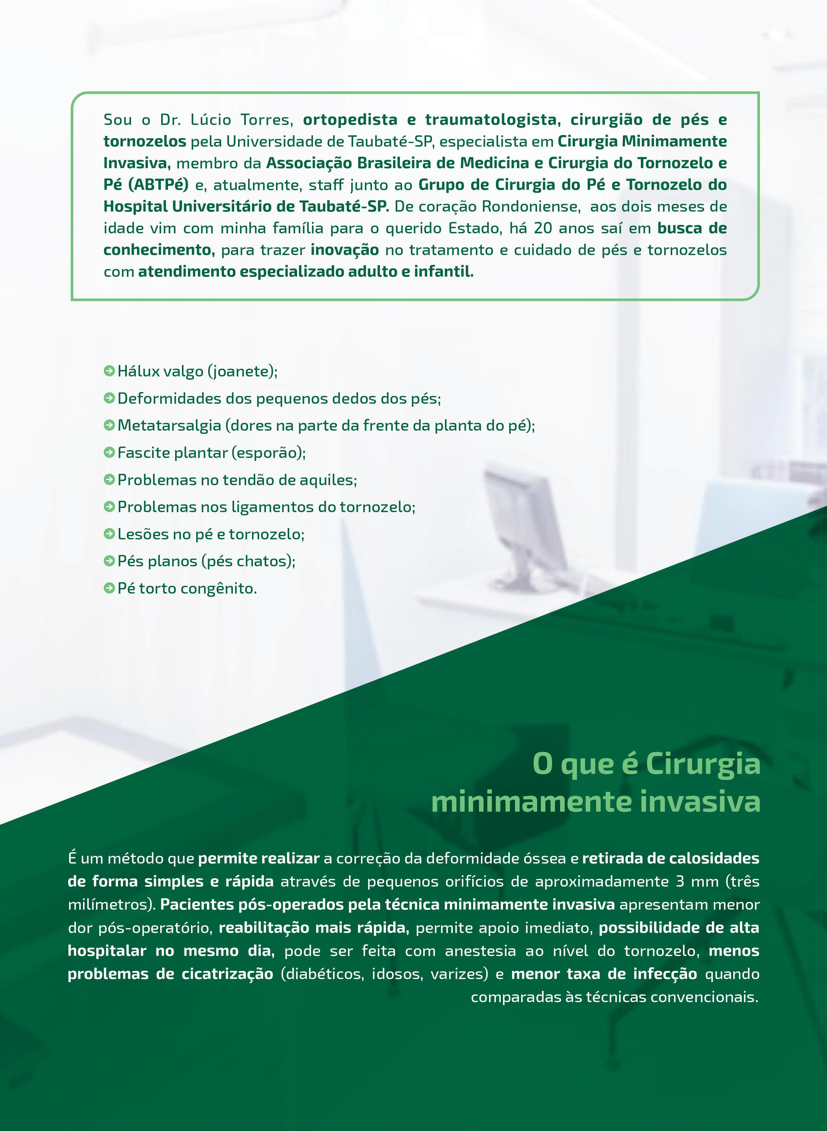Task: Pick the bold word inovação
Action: (344, 250)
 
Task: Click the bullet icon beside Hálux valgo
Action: (109, 371)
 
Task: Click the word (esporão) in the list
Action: (268, 453)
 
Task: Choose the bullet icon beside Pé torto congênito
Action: (109, 588)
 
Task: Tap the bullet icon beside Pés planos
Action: (109, 561)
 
